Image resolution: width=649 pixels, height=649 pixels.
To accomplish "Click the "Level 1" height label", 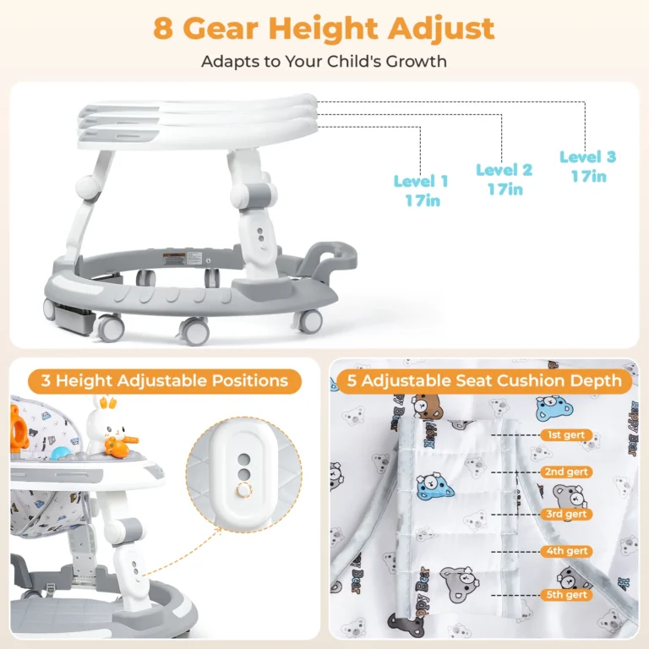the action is pyautogui.click(x=421, y=181).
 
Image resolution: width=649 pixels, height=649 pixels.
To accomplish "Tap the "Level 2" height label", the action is pyautogui.click(x=504, y=170).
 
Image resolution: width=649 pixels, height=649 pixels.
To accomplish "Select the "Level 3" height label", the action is pyautogui.click(x=588, y=157).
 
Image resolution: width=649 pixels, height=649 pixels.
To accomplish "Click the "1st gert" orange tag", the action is pyautogui.click(x=566, y=435).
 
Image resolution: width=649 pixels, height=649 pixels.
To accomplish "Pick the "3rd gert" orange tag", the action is pyautogui.click(x=566, y=514).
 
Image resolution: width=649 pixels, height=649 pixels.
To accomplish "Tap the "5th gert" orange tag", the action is pyautogui.click(x=566, y=595).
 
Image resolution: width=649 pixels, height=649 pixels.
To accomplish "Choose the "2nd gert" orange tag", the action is pyautogui.click(x=566, y=472).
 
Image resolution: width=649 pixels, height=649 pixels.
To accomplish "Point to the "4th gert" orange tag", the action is pyautogui.click(x=566, y=551).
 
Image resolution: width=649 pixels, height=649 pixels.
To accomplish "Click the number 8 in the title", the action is pyautogui.click(x=163, y=29).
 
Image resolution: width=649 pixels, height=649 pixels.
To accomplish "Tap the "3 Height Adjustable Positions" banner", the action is pyautogui.click(x=165, y=381).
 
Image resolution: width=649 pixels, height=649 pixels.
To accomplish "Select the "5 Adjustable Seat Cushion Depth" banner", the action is pyautogui.click(x=484, y=381).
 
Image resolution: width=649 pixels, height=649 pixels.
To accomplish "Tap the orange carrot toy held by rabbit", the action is pyautogui.click(x=120, y=446).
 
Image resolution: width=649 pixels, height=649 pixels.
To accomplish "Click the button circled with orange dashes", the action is pyautogui.click(x=243, y=490).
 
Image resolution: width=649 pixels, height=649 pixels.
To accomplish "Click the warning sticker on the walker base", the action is pyautogui.click(x=173, y=259).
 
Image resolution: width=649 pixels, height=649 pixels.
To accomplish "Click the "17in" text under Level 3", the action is pyautogui.click(x=588, y=177).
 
